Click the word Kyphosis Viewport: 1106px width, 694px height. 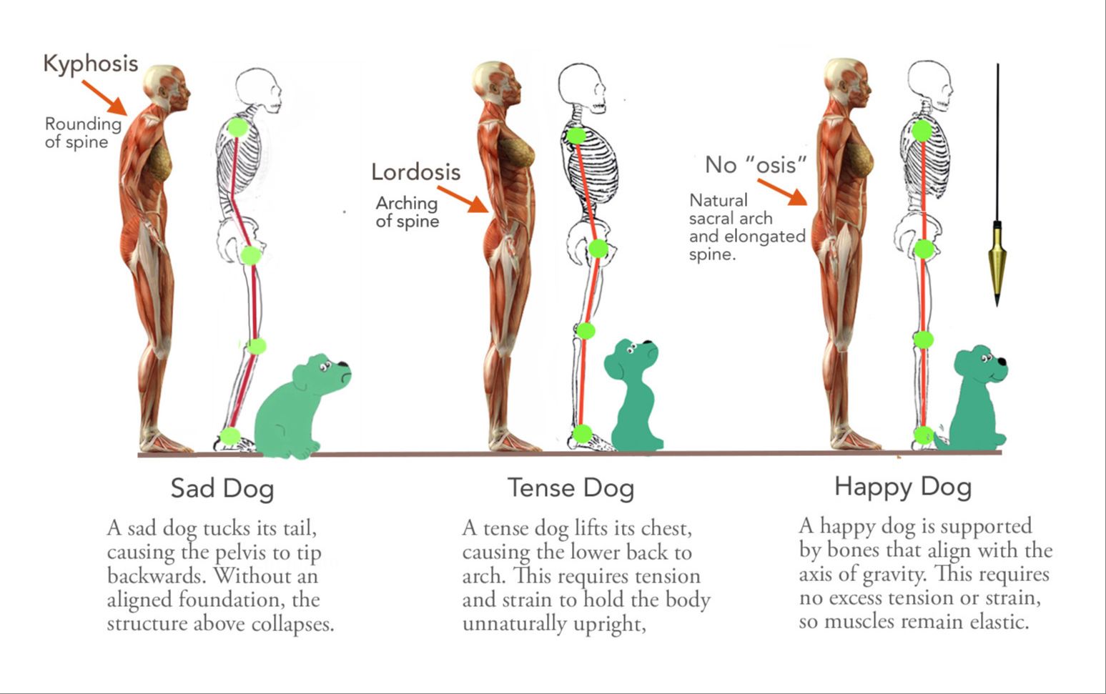(90, 64)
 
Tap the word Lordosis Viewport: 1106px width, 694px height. (415, 172)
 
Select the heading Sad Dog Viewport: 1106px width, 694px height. (222, 489)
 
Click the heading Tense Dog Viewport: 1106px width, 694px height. (571, 488)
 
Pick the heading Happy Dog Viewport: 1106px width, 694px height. (903, 487)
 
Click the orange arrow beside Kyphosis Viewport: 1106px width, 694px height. (104, 97)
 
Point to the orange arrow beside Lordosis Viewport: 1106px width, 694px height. (463, 199)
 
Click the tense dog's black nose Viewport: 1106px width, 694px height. (648, 343)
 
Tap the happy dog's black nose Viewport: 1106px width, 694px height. (1002, 362)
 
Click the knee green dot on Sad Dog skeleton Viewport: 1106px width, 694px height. (257, 346)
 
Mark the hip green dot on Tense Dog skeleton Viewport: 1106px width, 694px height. (598, 249)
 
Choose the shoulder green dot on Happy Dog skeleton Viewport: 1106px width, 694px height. (922, 131)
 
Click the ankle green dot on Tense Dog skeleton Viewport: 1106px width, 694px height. (583, 433)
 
